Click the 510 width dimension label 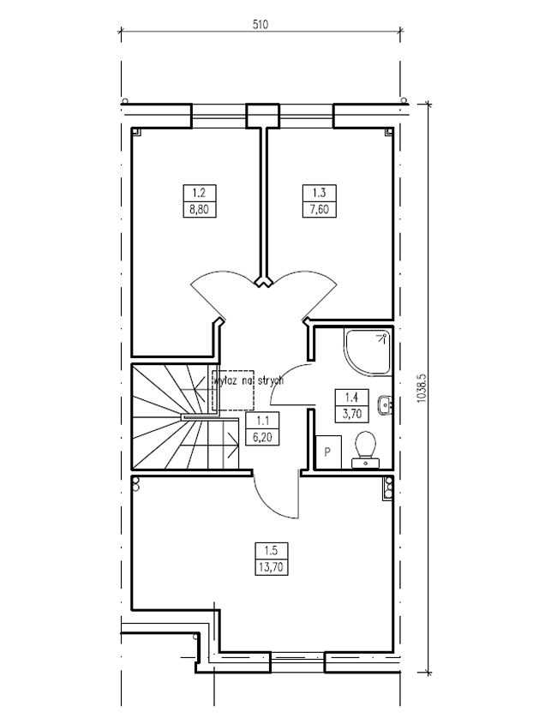pos(260,24)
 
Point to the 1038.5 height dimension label pos(422,387)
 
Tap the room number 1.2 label pos(200,193)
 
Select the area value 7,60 pos(320,210)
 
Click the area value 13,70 pos(271,567)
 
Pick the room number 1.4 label pos(351,397)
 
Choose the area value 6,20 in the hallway pos(262,437)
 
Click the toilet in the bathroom pos(366,449)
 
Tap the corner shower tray pos(367,354)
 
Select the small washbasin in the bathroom pos(385,404)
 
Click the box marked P pos(329,452)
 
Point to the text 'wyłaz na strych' pos(249,380)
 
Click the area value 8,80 pos(200,210)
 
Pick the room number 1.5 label pos(271,550)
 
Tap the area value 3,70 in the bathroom pos(351,414)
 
